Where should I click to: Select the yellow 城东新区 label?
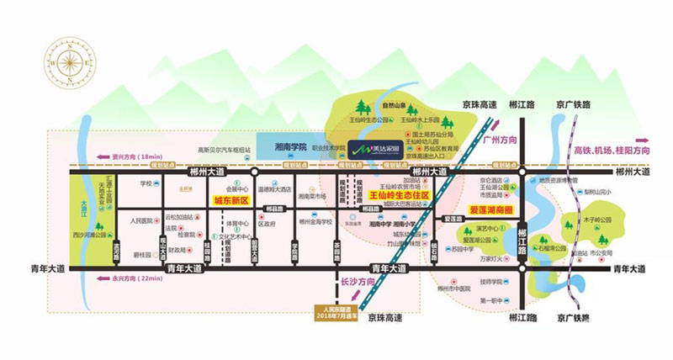(x=231, y=201)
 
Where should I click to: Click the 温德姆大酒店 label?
(x=274, y=189)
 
